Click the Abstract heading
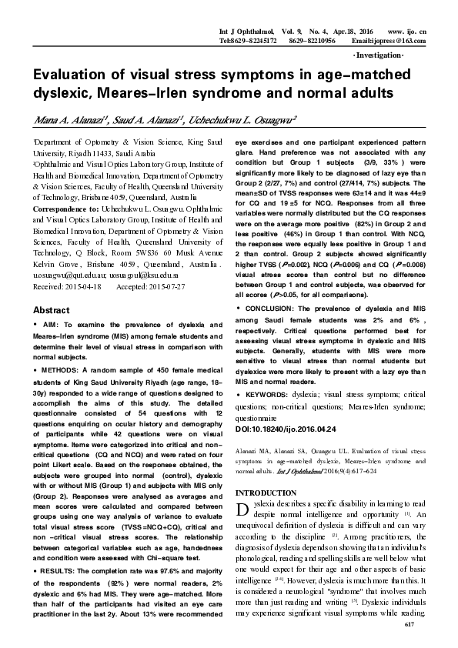[x=51, y=309]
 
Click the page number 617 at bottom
[x=420, y=630]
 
